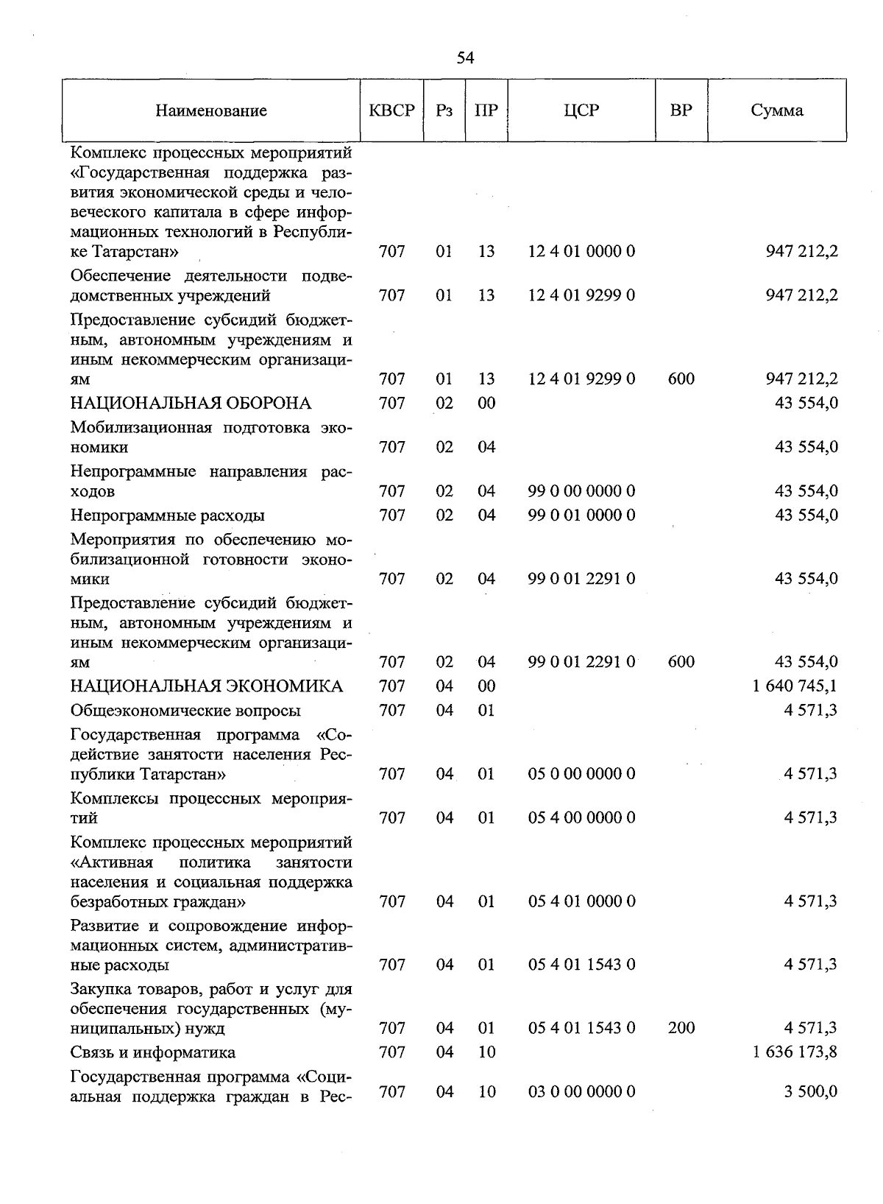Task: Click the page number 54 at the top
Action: (x=465, y=58)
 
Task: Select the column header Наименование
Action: (x=211, y=111)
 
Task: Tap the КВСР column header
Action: (x=391, y=110)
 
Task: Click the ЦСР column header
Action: (x=581, y=110)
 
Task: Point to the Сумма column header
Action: (x=777, y=110)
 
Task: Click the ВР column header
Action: (x=681, y=110)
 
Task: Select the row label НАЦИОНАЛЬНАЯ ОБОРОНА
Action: (x=191, y=403)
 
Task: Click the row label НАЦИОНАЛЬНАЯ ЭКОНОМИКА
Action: (x=207, y=686)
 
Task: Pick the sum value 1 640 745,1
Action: (x=795, y=686)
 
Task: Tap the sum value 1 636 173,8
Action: (x=795, y=1052)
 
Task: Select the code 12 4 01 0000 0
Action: (x=581, y=251)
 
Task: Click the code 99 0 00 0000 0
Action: (x=581, y=490)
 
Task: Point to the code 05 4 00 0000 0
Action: (x=581, y=817)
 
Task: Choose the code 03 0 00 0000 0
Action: (x=581, y=1091)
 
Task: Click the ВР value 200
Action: (x=681, y=1027)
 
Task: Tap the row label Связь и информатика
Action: (x=153, y=1052)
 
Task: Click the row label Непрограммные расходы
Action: (x=168, y=515)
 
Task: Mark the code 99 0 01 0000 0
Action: (x=581, y=515)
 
